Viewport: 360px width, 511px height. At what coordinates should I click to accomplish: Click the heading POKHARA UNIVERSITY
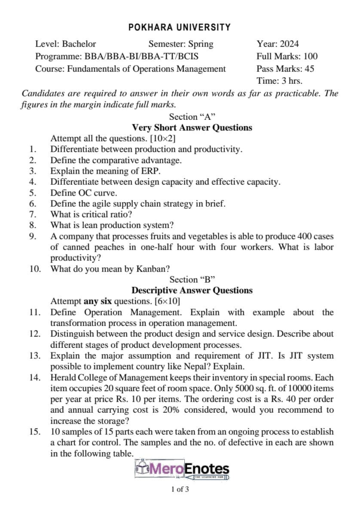coord(180,27)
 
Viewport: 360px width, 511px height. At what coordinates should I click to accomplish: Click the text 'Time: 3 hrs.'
coord(280,81)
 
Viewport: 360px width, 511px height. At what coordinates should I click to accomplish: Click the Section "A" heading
coord(192,117)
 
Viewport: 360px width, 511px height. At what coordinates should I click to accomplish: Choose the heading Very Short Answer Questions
coord(192,128)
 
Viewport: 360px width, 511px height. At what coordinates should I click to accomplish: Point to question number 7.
coord(32,214)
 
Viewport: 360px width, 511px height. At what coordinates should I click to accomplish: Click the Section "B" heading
coord(192,279)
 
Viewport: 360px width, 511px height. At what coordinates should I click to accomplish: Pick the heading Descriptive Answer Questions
coord(192,290)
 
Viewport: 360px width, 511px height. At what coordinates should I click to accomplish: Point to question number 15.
coord(34,432)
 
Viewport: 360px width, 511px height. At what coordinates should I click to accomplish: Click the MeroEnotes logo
coord(183,470)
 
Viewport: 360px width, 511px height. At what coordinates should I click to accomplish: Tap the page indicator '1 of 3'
coord(180,490)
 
